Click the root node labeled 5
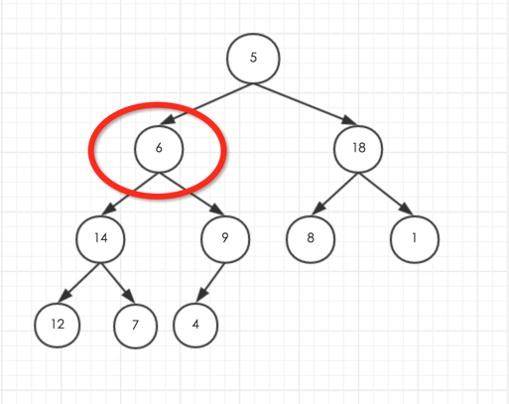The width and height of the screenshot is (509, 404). (x=253, y=59)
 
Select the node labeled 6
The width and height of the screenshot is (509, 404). (x=159, y=149)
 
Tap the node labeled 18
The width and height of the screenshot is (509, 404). (x=358, y=149)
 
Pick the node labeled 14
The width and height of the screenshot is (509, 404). (x=100, y=239)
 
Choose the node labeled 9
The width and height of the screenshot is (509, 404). (x=225, y=239)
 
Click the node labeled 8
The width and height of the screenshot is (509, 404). (x=311, y=239)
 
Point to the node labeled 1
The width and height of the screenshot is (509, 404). (x=415, y=239)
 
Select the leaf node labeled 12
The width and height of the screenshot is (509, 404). (x=58, y=325)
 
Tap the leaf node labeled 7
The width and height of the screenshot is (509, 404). (x=135, y=326)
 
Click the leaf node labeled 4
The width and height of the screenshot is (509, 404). (x=195, y=325)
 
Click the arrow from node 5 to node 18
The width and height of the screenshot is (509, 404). (x=305, y=104)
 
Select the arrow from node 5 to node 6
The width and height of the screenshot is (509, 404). (x=206, y=104)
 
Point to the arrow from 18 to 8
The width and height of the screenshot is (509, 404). (x=334, y=194)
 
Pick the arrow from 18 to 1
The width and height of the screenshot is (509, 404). (x=386, y=194)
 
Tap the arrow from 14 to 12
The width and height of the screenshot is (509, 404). (x=79, y=283)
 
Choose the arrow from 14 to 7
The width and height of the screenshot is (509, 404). (x=118, y=283)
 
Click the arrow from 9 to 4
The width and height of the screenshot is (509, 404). (x=210, y=283)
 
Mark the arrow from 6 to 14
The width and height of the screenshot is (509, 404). (x=130, y=194)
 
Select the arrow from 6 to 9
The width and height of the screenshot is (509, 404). (x=191, y=194)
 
